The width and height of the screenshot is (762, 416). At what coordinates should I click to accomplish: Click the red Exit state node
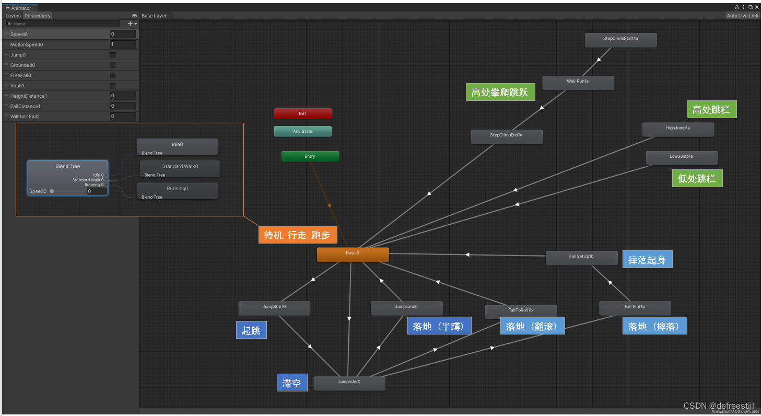point(302,113)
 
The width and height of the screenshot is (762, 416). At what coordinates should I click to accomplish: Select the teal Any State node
point(302,131)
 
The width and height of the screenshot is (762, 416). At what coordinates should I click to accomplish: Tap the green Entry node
point(310,156)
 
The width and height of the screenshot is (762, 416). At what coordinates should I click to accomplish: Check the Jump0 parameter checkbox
point(112,55)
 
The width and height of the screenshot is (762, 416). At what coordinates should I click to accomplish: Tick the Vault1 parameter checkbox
point(112,86)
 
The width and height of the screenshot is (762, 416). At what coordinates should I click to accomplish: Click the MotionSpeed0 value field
point(123,44)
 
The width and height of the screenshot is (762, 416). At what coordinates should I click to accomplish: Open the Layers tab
point(13,16)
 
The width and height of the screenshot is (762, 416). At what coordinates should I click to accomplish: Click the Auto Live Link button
point(742,16)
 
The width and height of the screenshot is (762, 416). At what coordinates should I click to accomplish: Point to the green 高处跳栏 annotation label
point(711,110)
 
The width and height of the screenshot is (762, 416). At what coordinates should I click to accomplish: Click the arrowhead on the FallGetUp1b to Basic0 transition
point(467,255)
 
